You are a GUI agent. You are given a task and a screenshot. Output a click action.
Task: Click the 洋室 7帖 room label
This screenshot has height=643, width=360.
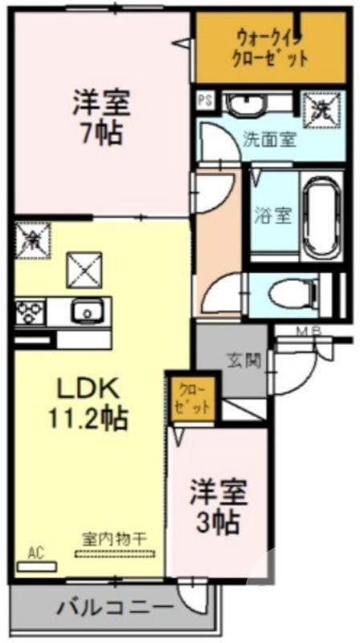[x=102, y=117]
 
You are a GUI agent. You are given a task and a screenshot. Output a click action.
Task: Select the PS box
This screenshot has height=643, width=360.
[x=206, y=101]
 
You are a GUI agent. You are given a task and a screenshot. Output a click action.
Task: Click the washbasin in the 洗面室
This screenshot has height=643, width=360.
[x=249, y=104]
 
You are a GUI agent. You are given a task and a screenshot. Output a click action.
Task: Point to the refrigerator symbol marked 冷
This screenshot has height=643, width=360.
[x=33, y=239]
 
